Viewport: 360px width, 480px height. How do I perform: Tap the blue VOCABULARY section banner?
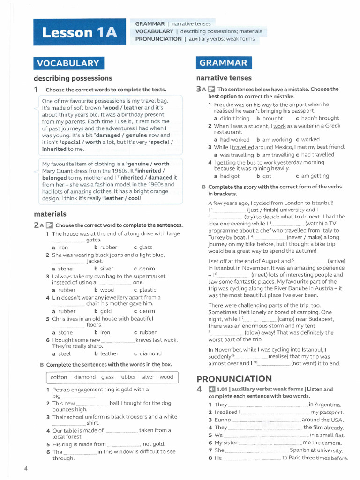68,63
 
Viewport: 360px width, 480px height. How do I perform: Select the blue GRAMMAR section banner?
223,63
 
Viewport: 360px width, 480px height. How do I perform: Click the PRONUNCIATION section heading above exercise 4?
234,379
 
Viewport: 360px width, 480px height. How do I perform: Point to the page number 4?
26,468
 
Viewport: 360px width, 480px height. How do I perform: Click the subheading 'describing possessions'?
73,78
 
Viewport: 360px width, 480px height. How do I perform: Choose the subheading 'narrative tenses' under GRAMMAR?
224,78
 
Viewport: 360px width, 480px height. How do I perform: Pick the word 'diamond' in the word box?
84,377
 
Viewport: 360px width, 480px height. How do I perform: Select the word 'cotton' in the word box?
59,377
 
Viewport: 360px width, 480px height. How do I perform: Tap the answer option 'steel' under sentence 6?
64,353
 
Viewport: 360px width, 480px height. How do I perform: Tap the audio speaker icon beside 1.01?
211,389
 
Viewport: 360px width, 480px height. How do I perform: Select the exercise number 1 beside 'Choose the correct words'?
36,90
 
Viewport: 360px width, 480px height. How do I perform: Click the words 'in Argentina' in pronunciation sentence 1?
325,405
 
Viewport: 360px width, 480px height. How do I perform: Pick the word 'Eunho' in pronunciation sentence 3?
223,420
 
